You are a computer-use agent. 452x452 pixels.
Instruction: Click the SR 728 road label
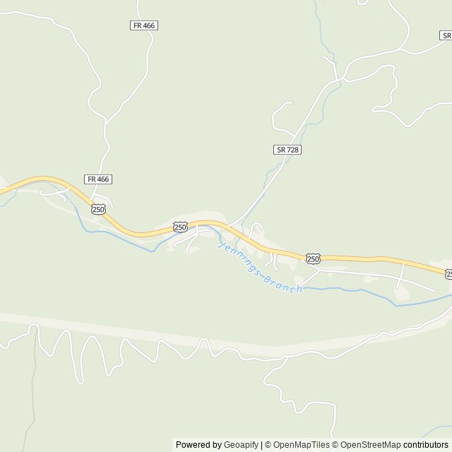click(287, 150)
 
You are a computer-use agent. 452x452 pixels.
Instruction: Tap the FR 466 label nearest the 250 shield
click(98, 179)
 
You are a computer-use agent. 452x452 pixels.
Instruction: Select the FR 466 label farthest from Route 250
click(144, 25)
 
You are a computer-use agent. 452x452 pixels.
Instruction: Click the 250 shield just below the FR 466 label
click(98, 209)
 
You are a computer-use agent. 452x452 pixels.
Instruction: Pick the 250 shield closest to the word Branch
click(313, 259)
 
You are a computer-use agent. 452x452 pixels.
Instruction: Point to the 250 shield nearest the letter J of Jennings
click(180, 227)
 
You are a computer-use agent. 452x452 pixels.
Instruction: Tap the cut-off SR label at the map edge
click(446, 35)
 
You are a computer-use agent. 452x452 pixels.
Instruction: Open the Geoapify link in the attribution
click(242, 445)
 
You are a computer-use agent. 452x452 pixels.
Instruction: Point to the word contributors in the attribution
click(426, 445)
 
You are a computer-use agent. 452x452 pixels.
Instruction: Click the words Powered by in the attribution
click(198, 445)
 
